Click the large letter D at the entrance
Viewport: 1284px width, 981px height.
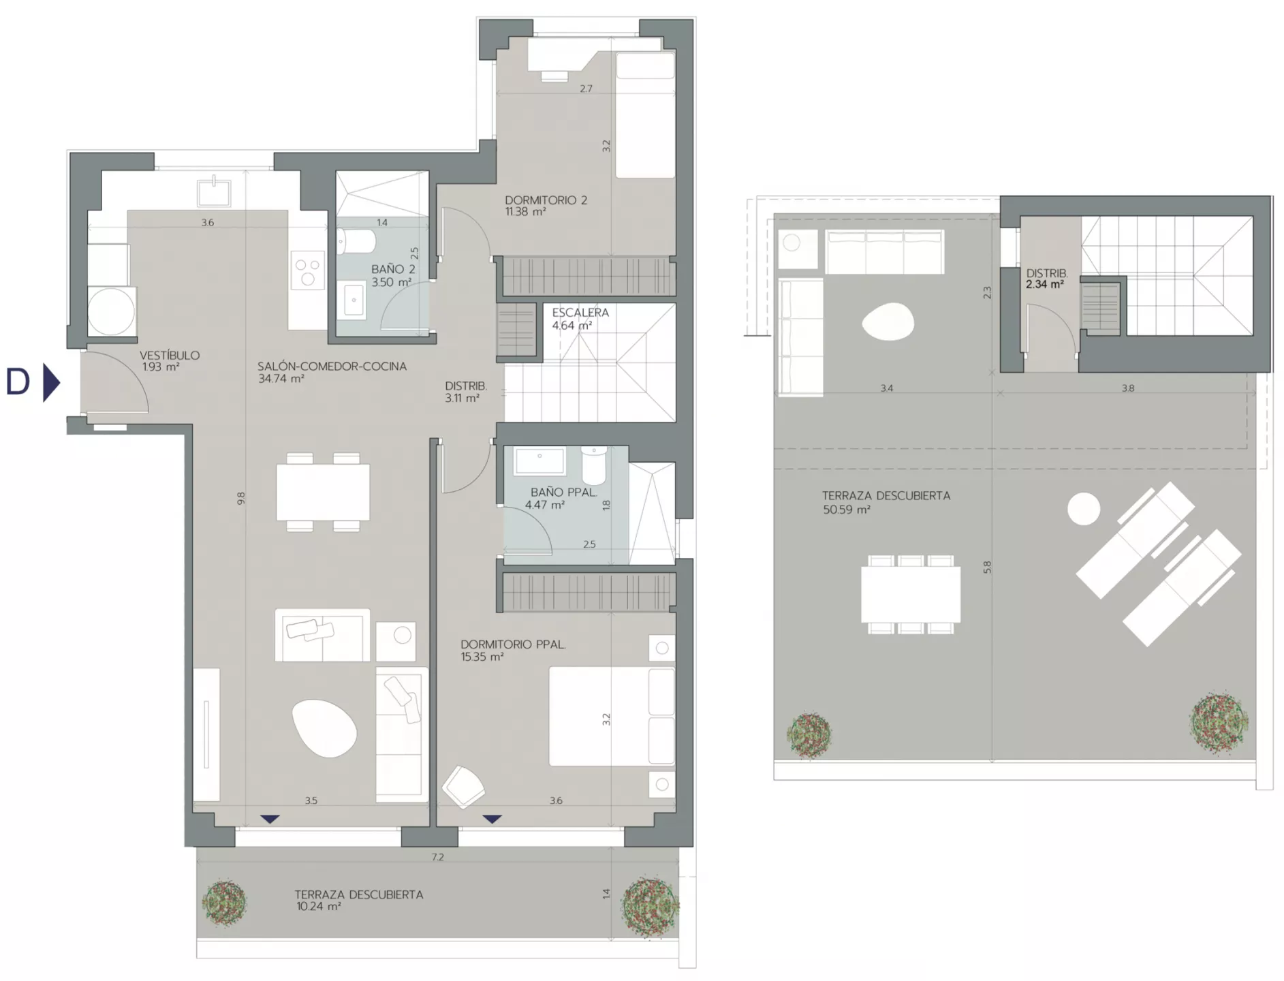(x=18, y=382)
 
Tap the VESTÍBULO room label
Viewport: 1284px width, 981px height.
(x=170, y=355)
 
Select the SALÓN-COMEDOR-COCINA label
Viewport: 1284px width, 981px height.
(x=332, y=366)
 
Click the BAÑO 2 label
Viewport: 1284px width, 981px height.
(x=393, y=269)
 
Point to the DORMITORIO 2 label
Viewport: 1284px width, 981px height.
(x=546, y=200)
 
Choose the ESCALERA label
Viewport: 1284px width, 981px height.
(x=580, y=313)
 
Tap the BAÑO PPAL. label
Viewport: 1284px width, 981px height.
(x=563, y=492)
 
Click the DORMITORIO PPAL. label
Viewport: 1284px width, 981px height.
(x=513, y=644)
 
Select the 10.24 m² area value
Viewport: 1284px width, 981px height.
(x=319, y=907)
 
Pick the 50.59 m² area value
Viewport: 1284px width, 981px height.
(x=847, y=509)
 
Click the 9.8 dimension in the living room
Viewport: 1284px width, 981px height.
(x=240, y=498)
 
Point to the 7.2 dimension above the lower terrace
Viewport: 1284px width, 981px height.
(x=437, y=857)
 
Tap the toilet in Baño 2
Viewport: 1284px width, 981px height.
(x=356, y=241)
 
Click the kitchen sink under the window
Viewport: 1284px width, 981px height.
(x=214, y=190)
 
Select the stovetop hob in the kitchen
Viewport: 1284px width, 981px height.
(x=307, y=270)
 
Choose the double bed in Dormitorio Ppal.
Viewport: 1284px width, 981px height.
(x=612, y=716)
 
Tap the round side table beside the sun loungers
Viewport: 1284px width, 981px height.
(x=1083, y=509)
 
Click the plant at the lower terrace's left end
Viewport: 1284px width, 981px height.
(x=225, y=903)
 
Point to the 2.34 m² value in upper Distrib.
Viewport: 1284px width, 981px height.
(x=1045, y=284)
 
